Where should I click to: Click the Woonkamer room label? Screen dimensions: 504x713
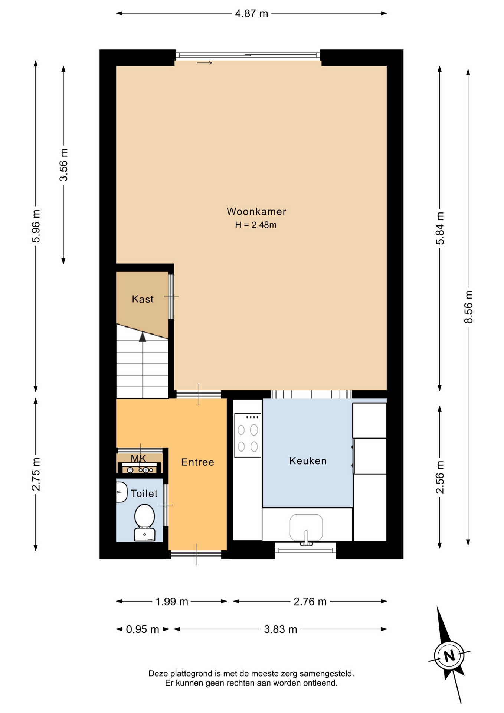(x=256, y=212)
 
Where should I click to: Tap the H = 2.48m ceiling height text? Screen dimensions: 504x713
(x=256, y=225)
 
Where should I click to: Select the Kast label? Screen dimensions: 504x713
(x=143, y=299)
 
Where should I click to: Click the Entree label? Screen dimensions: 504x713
(x=197, y=462)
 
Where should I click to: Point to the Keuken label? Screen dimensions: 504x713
(x=308, y=461)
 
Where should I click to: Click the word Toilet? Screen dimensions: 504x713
(x=144, y=494)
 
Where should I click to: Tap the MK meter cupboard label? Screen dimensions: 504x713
(x=138, y=459)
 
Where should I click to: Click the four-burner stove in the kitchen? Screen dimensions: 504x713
(x=248, y=435)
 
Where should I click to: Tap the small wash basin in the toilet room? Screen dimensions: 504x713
(x=121, y=492)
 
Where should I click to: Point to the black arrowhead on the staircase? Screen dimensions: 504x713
(x=143, y=337)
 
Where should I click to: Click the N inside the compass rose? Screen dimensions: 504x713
(x=449, y=656)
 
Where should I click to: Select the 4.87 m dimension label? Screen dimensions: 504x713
(x=252, y=14)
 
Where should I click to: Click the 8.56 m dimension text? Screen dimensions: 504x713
(x=469, y=307)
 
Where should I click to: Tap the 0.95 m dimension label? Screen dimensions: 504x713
(x=143, y=629)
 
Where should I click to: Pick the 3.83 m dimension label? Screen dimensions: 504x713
(x=281, y=629)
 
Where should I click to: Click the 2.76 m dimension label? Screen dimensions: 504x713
(x=310, y=602)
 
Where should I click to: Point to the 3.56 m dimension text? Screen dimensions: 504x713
(x=64, y=165)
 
